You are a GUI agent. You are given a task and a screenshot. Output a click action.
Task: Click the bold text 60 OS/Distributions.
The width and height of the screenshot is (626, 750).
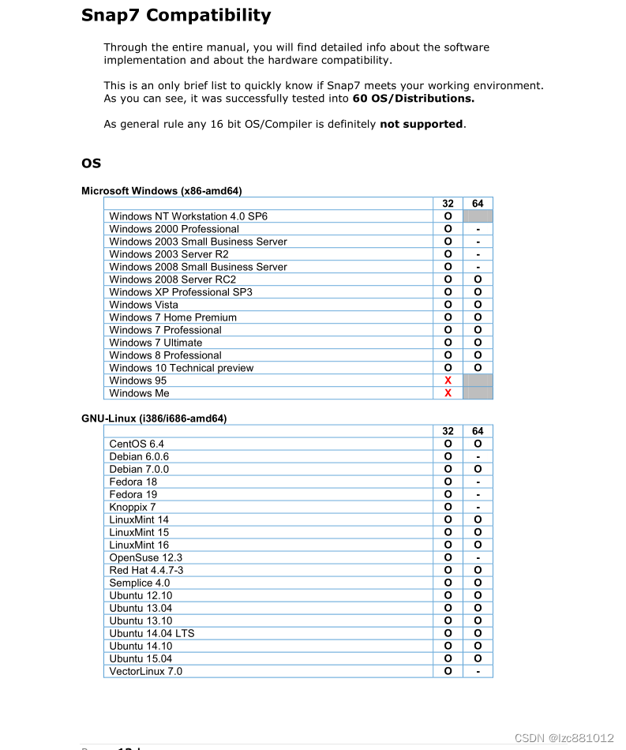413,99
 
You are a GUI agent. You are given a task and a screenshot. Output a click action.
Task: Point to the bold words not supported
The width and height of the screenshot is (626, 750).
421,124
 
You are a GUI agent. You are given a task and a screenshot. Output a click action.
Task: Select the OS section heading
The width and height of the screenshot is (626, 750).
91,163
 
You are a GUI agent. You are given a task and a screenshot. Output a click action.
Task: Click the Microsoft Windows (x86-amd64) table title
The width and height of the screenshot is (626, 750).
161,191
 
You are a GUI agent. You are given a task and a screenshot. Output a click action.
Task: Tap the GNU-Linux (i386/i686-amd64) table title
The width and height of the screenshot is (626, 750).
153,418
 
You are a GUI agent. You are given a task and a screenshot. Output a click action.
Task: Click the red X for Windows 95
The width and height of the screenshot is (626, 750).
448,381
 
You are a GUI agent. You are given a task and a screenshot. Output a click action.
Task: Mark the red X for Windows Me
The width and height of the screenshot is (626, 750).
448,393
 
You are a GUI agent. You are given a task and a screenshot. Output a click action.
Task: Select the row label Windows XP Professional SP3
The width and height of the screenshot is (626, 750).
181,292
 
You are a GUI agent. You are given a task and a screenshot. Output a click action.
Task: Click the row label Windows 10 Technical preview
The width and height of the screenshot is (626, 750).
182,368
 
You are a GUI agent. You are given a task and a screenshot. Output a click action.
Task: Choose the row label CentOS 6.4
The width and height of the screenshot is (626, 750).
137,444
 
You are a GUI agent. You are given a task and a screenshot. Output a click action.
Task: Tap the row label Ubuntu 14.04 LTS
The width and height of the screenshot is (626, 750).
152,633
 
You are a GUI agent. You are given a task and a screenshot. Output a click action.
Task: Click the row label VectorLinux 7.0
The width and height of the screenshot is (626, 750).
145,671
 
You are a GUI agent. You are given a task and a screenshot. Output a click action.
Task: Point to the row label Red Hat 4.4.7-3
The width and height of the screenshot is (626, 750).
146,570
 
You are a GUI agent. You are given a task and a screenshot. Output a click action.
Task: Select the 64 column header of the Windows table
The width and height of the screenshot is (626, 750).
478,204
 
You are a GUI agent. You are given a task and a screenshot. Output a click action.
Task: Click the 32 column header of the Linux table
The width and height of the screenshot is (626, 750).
448,431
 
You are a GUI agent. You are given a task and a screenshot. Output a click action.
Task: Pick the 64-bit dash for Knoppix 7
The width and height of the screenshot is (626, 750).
478,507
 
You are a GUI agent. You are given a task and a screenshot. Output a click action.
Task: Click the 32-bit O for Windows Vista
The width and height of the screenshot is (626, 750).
448,305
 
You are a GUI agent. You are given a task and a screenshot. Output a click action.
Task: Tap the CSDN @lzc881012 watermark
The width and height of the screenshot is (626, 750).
564,738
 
